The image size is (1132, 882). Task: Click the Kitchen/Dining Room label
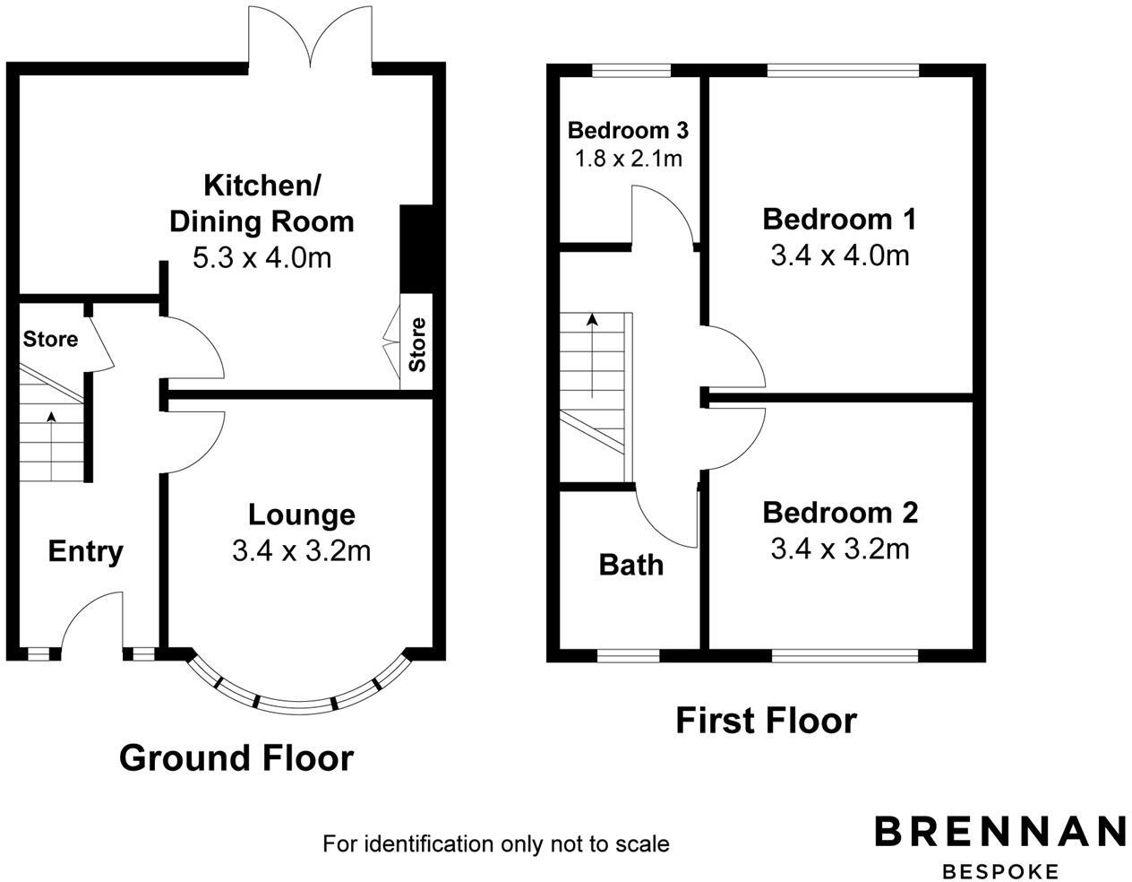(262, 203)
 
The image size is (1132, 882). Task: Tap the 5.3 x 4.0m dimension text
(262, 258)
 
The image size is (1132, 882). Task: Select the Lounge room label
(301, 514)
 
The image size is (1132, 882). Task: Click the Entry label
(85, 551)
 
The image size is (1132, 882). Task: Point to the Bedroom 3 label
(628, 131)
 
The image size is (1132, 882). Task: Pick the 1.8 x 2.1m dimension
(628, 159)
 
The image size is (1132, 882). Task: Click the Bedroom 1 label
(839, 219)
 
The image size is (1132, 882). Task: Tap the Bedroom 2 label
(839, 513)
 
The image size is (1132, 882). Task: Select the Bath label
(630, 565)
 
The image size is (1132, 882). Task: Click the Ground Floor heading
(236, 758)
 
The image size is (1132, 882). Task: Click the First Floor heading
(766, 721)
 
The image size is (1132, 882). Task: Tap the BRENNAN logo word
(999, 831)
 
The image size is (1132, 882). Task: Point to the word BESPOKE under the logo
(999, 870)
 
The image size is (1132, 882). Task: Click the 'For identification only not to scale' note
(495, 843)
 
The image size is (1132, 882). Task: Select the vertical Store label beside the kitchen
(417, 345)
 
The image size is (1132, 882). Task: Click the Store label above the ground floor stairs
(50, 340)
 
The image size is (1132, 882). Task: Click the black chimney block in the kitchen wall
(416, 248)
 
